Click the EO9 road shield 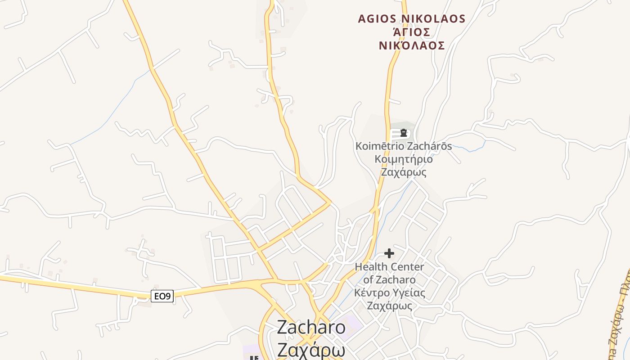162,296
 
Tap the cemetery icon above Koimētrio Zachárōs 404,133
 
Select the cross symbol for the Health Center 389,253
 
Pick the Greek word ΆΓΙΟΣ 412,32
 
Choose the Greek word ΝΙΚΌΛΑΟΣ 412,45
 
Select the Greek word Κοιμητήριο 404,159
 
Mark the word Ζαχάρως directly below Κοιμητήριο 404,172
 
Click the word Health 371,267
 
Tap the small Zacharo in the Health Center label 395,280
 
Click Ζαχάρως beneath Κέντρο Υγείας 390,306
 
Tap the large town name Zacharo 311,327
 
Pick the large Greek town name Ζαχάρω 311,349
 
